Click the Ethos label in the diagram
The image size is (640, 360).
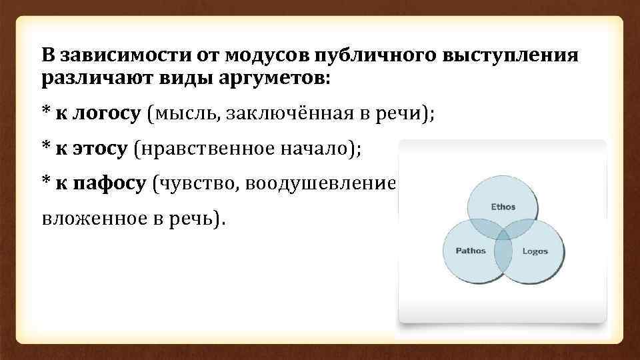[x=503, y=207]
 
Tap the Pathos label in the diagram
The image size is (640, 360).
[x=471, y=251]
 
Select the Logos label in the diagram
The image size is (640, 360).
[x=535, y=251]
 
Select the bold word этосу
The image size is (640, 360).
[x=97, y=149]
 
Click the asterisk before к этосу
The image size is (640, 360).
[x=45, y=147]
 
